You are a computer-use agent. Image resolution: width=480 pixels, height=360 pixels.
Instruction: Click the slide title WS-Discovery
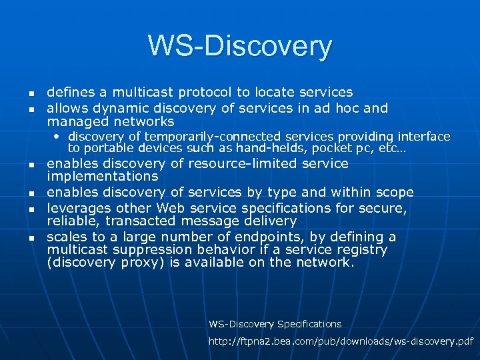click(x=240, y=46)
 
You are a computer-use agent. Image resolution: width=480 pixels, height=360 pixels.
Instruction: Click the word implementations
click(x=102, y=177)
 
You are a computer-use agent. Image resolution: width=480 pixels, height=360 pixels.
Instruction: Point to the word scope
click(x=393, y=193)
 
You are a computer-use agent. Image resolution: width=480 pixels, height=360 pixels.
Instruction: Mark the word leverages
click(x=77, y=208)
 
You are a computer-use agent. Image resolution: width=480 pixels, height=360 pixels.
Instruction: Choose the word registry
click(x=361, y=249)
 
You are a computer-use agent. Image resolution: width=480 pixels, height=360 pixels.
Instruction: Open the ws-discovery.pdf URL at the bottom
click(x=341, y=341)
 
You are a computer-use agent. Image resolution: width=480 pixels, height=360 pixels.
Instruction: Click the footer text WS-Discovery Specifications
click(x=275, y=324)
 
